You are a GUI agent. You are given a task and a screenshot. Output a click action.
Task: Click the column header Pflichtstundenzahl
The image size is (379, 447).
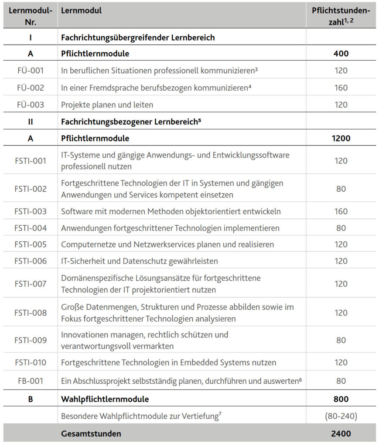tap(341, 16)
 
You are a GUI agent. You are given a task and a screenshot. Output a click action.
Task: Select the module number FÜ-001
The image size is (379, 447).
tap(31, 70)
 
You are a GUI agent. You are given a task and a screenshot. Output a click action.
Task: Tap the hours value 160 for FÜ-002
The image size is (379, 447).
tap(341, 88)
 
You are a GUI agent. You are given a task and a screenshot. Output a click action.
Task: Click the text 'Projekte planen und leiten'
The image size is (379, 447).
tap(107, 105)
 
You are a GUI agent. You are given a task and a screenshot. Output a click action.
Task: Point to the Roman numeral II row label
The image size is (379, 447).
tap(31, 122)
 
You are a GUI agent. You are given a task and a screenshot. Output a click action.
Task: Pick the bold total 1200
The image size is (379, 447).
tap(341, 139)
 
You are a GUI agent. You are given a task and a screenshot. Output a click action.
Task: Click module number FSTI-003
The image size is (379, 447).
tap(31, 212)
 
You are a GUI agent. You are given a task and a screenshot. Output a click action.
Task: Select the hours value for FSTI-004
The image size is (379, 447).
tap(341, 228)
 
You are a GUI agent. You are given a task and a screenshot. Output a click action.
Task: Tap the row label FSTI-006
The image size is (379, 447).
tap(31, 261)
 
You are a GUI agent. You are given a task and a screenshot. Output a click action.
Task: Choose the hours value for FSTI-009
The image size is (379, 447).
tap(341, 340)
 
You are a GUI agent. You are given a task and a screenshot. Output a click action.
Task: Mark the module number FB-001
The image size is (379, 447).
tap(31, 381)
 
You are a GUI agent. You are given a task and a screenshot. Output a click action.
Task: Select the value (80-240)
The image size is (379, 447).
tap(341, 416)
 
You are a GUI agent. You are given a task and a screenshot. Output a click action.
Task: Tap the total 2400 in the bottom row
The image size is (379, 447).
tap(341, 433)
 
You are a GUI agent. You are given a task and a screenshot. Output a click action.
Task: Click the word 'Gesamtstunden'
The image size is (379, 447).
tap(91, 433)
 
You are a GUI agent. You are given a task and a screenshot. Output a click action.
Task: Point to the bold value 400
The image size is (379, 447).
tap(341, 54)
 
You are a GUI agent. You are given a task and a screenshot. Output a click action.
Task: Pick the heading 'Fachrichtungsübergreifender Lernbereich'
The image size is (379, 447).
tap(138, 38)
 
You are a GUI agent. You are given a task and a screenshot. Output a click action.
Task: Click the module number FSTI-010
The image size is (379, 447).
tap(31, 362)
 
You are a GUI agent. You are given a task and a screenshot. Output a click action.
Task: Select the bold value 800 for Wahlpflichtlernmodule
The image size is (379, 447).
tap(341, 399)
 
